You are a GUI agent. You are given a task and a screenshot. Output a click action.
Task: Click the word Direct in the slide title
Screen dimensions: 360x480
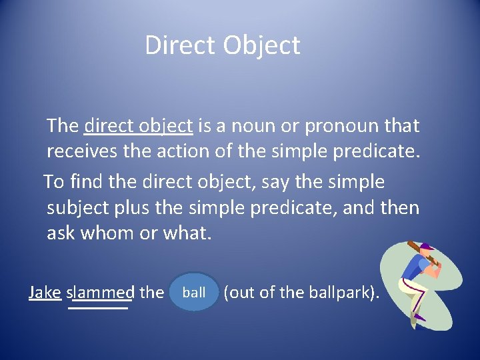pyautogui.click(x=181, y=45)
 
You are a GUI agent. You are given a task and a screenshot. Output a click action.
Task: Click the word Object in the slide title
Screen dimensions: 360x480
pyautogui.click(x=262, y=46)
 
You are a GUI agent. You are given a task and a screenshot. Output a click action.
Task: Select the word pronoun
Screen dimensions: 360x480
pyautogui.click(x=341, y=125)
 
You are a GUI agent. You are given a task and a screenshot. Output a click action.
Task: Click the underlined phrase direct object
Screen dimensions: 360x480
pyautogui.click(x=139, y=125)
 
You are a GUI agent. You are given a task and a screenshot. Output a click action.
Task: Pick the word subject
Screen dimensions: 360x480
pyautogui.click(x=78, y=208)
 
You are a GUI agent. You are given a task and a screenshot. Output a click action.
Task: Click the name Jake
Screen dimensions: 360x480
pyautogui.click(x=45, y=292)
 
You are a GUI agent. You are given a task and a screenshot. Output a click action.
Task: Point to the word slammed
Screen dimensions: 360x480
pyautogui.click(x=101, y=292)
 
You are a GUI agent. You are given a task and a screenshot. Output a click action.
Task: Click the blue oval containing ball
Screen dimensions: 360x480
pyautogui.click(x=194, y=292)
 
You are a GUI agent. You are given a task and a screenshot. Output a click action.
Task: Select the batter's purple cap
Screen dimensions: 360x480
pyautogui.click(x=427, y=246)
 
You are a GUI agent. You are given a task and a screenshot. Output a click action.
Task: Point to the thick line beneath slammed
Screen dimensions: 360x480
pyautogui.click(x=99, y=308)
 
